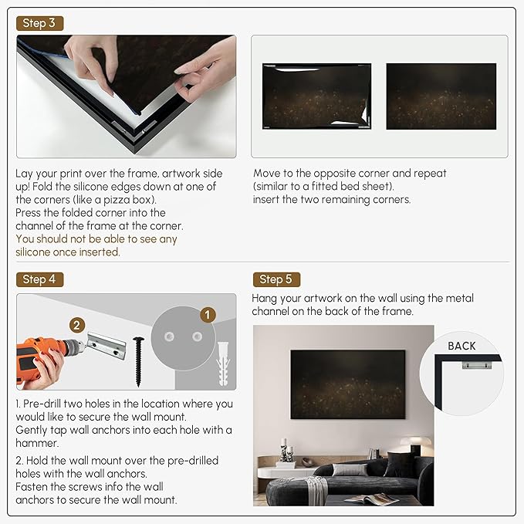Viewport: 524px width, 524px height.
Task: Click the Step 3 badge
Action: (39, 23)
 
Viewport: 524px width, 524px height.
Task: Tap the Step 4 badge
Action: (39, 279)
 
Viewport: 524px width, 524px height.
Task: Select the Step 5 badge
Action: (276, 279)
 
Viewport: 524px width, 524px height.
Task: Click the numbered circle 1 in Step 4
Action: (208, 315)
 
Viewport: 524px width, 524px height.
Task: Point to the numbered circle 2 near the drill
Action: (77, 325)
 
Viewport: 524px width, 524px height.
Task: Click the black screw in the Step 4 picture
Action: (138, 362)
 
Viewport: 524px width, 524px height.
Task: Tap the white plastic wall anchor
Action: (223, 363)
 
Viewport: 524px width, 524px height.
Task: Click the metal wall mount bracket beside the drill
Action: (106, 345)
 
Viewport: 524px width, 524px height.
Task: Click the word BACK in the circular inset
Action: (461, 346)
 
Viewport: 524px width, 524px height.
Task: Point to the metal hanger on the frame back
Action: (477, 365)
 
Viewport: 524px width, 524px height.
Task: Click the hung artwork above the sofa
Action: (348, 384)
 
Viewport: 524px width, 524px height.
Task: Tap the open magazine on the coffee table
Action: (371, 500)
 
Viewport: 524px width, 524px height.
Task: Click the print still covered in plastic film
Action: (316, 96)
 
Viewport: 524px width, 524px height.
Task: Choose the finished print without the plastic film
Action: (441, 96)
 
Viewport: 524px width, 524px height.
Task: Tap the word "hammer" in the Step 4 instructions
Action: (37, 443)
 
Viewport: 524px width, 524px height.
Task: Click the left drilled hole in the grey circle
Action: (169, 336)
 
